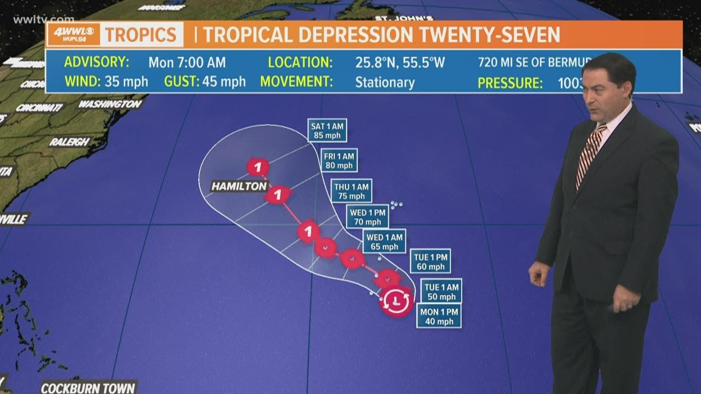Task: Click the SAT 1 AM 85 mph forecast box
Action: [327, 131]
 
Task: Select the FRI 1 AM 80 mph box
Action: [340, 160]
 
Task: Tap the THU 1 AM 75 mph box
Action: [352, 191]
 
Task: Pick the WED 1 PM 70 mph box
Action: [367, 217]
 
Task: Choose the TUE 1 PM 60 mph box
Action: [430, 261]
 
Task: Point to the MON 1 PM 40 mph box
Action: [439, 316]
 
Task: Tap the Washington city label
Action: [110, 103]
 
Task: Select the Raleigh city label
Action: [70, 142]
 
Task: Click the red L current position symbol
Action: [396, 301]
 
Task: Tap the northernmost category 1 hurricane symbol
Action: [257, 167]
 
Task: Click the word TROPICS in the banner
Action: [141, 35]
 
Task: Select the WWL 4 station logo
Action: [73, 34]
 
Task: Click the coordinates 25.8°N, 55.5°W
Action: [400, 62]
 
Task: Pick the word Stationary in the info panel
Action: [384, 83]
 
